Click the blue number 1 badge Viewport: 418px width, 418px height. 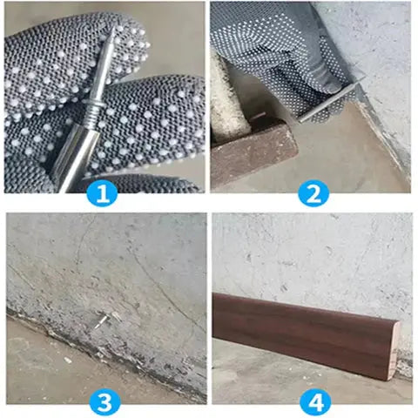103,193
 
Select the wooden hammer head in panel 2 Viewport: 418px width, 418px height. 253,152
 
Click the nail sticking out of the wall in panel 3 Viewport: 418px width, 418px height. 103,323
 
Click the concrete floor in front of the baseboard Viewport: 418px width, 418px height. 287,383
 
